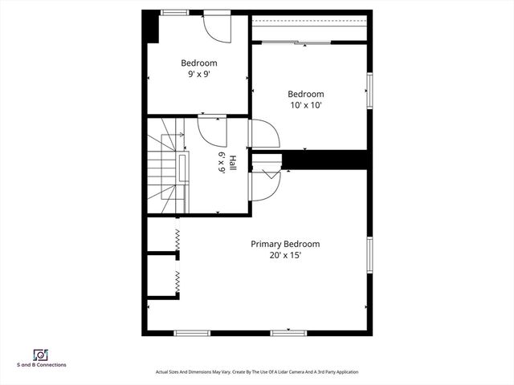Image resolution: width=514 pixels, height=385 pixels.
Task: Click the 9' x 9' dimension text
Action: [x=198, y=75]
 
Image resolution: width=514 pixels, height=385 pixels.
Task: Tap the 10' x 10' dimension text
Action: [x=306, y=105]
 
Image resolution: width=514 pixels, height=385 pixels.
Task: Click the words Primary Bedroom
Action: [x=285, y=244]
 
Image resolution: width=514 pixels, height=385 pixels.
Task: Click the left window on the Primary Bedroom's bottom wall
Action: [x=193, y=332]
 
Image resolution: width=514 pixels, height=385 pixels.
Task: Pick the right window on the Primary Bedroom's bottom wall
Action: [x=288, y=332]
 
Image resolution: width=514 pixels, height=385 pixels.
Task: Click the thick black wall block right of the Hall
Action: [x=328, y=160]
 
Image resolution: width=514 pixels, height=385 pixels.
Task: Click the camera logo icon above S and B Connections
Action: [x=41, y=354]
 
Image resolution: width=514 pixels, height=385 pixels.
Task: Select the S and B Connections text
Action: [x=41, y=365]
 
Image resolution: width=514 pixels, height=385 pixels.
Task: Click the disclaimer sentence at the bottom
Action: [x=256, y=372]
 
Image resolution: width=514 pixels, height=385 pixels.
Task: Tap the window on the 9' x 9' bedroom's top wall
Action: [x=174, y=13]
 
